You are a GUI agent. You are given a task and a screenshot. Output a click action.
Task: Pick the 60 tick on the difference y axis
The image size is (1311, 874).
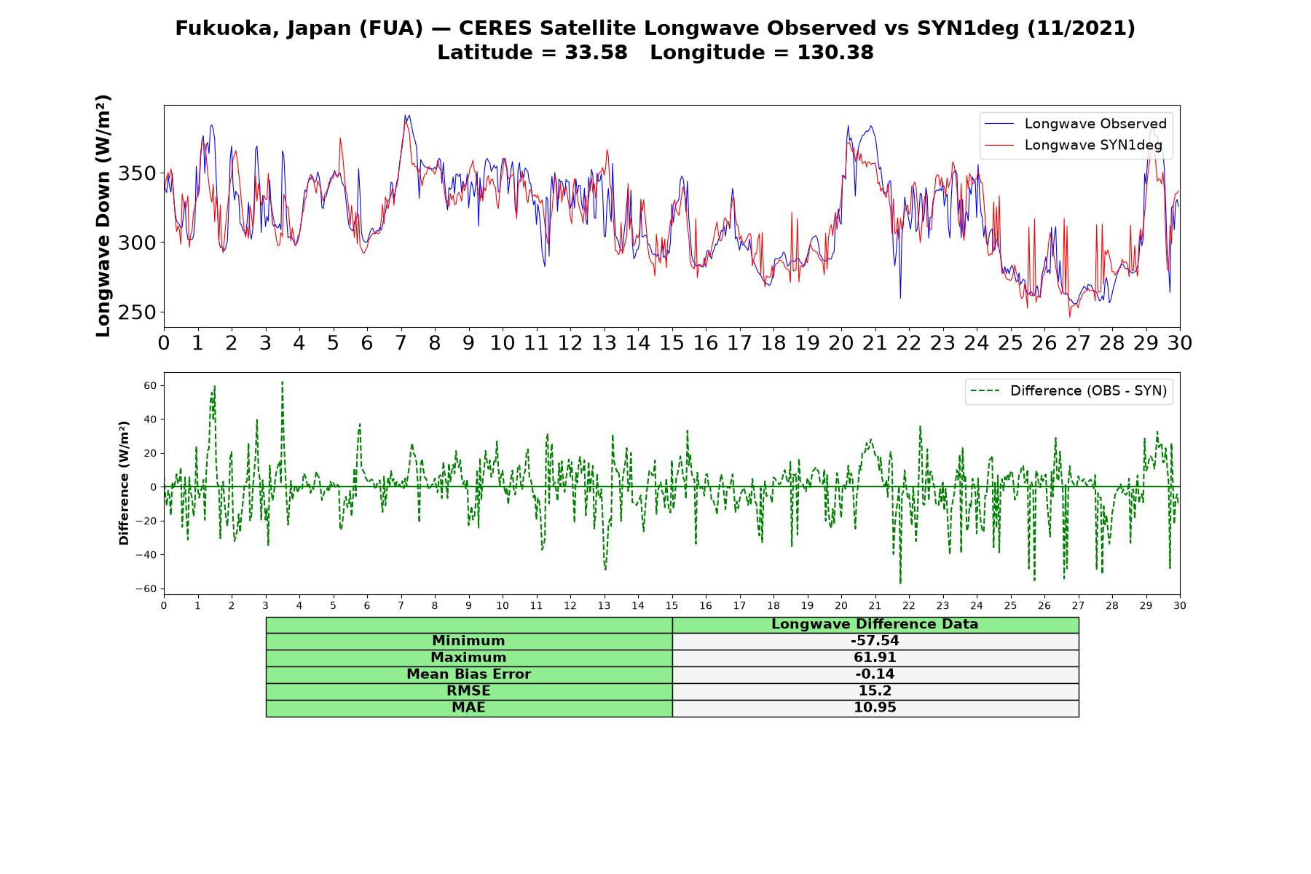click(150, 385)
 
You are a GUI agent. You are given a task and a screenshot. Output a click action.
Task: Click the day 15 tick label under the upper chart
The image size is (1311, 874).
click(672, 342)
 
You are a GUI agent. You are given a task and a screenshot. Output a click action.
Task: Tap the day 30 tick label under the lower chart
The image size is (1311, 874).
click(1180, 605)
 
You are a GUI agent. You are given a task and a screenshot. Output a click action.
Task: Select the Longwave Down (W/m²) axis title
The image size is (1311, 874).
click(103, 216)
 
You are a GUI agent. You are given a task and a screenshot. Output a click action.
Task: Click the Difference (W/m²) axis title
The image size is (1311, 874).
click(124, 483)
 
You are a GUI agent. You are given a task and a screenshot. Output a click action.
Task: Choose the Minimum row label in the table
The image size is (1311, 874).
click(468, 641)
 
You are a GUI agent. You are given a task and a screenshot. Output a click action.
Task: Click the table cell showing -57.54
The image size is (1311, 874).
click(875, 641)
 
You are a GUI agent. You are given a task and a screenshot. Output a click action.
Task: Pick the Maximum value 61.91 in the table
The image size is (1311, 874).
click(875, 658)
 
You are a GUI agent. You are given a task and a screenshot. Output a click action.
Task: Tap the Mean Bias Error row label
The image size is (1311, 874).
click(468, 674)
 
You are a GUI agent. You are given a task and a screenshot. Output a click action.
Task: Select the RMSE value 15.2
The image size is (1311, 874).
click(875, 691)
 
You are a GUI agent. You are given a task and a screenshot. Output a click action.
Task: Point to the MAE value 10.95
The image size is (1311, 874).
click(875, 708)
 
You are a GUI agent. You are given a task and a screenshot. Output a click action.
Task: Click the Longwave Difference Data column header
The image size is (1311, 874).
click(875, 624)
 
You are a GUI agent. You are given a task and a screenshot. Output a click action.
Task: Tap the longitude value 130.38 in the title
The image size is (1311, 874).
click(835, 52)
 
